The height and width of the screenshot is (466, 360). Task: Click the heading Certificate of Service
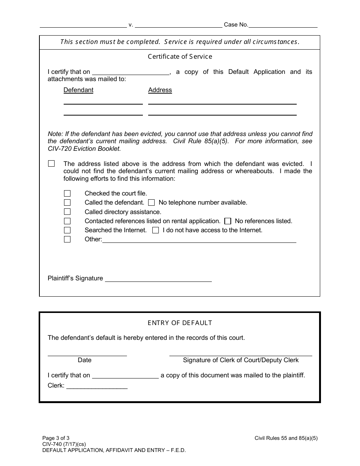point(180,56)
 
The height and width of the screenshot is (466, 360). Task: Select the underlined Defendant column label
point(78,90)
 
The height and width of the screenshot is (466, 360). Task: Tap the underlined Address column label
point(160,90)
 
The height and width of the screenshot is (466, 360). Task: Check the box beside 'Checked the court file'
point(67,194)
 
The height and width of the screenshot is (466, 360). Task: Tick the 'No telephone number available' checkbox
point(151,203)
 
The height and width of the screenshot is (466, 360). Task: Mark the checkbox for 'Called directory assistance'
point(67,212)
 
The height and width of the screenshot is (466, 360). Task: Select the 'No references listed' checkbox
point(228,221)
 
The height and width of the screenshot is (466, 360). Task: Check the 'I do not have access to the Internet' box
point(155,230)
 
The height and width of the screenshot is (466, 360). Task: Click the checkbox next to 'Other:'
point(67,239)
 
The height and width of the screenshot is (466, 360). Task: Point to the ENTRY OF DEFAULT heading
point(180,323)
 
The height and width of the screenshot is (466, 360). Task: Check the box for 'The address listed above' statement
point(52,164)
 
